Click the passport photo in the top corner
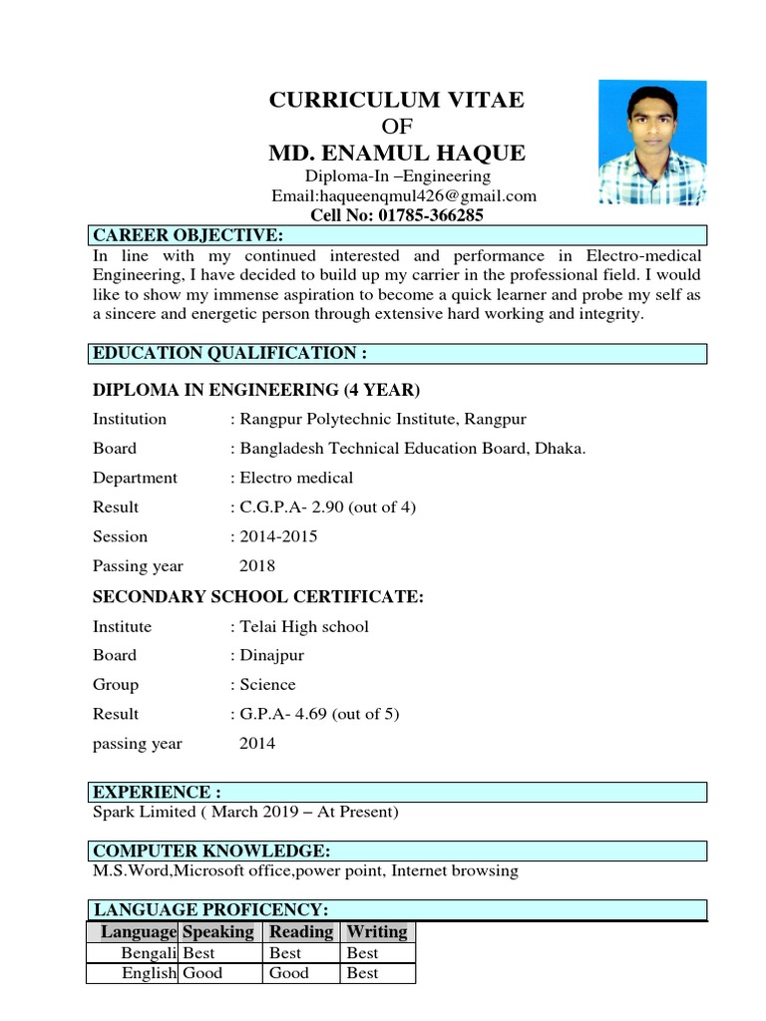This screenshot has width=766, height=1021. [652, 142]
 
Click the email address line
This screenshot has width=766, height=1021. [404, 196]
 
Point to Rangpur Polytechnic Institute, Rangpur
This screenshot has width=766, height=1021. [378, 419]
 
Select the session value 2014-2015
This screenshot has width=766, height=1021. [274, 536]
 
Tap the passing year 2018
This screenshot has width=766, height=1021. [257, 565]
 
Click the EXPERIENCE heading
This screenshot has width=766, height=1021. [157, 793]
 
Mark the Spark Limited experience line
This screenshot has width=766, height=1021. [245, 812]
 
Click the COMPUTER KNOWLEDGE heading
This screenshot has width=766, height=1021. [210, 851]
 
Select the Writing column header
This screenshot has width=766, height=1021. [376, 932]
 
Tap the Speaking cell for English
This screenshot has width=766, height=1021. [203, 973]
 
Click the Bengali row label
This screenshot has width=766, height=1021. [148, 953]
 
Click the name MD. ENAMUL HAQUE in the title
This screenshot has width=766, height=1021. [397, 153]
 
